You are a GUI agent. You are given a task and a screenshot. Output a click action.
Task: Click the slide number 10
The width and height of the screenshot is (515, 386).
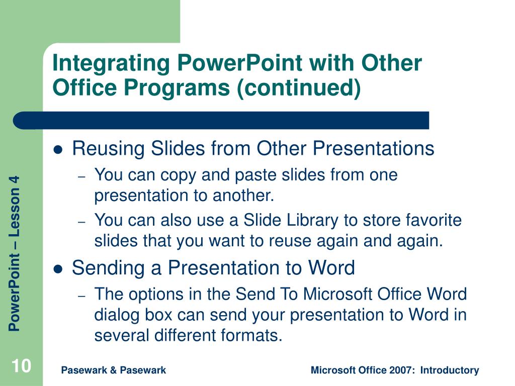21,366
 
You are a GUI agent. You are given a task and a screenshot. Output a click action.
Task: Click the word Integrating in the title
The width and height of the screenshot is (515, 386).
111,63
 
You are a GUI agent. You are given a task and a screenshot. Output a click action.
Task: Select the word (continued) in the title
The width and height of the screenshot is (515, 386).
299,88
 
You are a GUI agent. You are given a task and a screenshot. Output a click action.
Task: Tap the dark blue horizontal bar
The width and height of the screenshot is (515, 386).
221,121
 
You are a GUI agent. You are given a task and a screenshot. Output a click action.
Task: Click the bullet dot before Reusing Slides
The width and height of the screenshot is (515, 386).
58,150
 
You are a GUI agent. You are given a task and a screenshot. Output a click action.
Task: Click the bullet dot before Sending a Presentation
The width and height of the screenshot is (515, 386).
58,269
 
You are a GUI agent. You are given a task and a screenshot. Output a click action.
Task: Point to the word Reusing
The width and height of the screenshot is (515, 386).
109,148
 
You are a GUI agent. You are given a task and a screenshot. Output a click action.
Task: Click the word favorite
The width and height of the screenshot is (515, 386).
434,220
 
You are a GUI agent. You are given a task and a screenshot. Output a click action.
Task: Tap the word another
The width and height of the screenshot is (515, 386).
243,196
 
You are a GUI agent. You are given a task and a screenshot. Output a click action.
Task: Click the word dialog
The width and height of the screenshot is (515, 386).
117,315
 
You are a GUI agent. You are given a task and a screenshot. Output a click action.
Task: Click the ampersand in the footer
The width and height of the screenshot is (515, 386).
113,370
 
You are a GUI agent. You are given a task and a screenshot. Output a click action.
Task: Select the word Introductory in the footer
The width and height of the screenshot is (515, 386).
450,370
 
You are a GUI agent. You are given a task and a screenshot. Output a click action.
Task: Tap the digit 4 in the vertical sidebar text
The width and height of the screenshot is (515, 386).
15,180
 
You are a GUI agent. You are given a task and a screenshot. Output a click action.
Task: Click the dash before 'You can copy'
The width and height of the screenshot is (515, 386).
82,177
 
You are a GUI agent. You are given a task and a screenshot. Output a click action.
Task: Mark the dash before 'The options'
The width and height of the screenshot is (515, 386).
82,296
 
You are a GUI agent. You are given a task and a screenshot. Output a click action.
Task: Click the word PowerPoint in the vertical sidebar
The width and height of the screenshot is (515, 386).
15,292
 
